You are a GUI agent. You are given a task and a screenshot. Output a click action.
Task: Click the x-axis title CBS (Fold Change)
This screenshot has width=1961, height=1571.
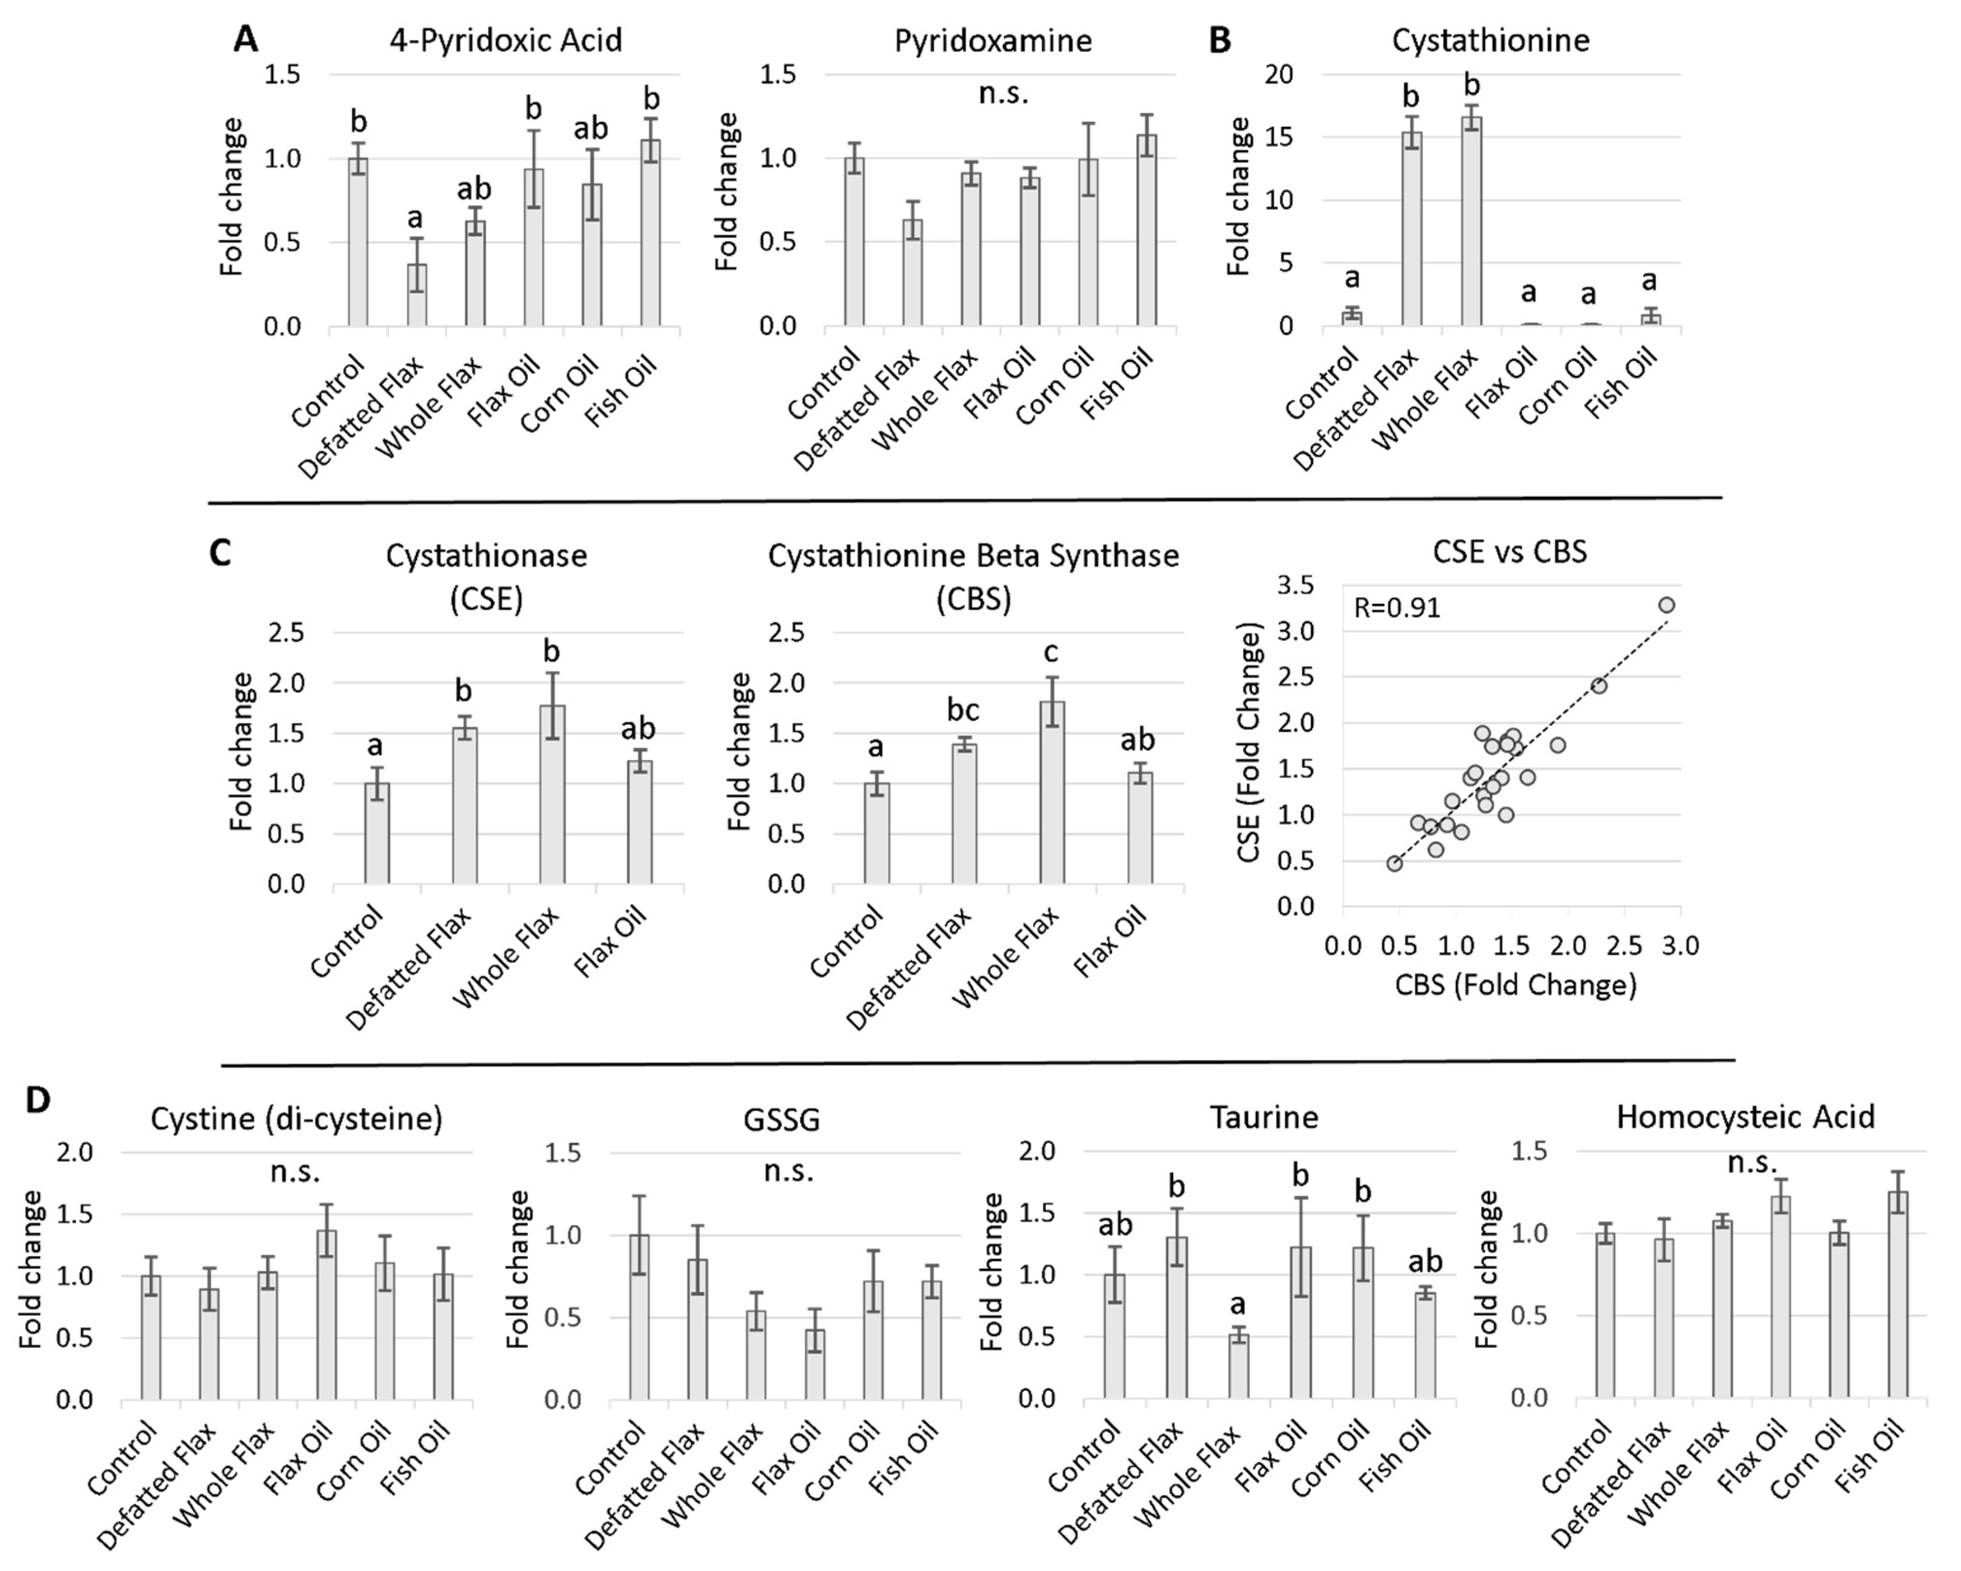pos(1516,984)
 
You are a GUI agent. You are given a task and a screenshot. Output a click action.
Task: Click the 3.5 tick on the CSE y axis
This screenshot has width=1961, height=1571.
pos(1295,586)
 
